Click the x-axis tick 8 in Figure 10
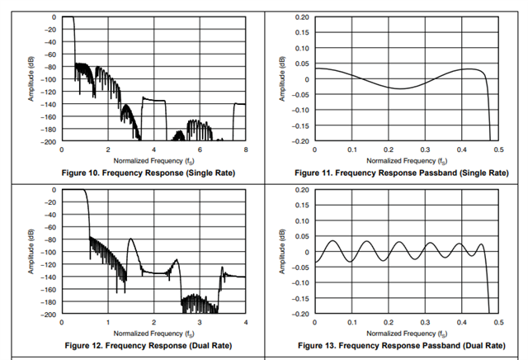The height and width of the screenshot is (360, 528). click(x=246, y=149)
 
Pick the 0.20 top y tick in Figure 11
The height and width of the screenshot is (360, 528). click(x=302, y=17)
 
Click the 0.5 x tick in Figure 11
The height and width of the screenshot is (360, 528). click(x=497, y=149)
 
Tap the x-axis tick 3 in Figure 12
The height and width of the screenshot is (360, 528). click(x=200, y=322)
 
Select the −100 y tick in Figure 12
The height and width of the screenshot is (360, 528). click(x=49, y=252)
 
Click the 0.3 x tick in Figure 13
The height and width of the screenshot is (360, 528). click(x=424, y=322)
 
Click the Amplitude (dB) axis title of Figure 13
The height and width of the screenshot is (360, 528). click(x=281, y=253)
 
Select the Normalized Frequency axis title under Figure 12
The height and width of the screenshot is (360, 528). click(x=153, y=333)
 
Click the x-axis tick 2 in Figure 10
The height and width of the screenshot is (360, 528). click(x=107, y=149)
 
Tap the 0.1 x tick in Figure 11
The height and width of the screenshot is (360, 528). click(x=351, y=149)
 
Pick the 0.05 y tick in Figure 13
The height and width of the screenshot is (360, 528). click(x=302, y=236)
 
